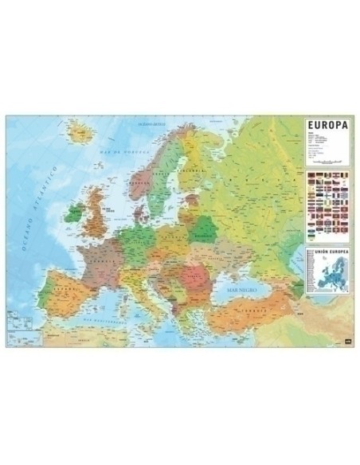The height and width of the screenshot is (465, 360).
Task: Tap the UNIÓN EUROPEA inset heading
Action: [325, 252]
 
